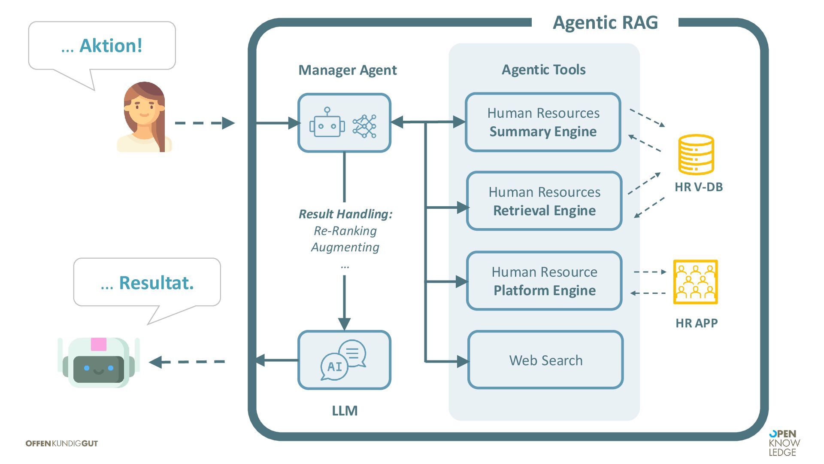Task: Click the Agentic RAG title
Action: coord(605,22)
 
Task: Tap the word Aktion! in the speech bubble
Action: coord(111,46)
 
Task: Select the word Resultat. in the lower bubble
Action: coord(156,283)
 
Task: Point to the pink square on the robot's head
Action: coord(98,344)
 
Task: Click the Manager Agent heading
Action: coord(347,70)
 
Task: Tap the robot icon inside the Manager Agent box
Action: coord(327,123)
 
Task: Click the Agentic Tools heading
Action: coord(543,70)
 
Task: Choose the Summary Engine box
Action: coord(543,122)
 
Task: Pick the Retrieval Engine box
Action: coord(544,201)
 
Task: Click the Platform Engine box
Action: coord(544,281)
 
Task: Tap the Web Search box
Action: coord(545,360)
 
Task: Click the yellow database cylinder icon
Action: coord(696,154)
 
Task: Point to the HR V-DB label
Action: coord(698,187)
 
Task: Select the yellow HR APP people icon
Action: coord(695,282)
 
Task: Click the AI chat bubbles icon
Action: coord(343,360)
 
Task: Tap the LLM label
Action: coord(345,411)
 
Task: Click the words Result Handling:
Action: coord(345,214)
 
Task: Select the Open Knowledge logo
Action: coord(784,443)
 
